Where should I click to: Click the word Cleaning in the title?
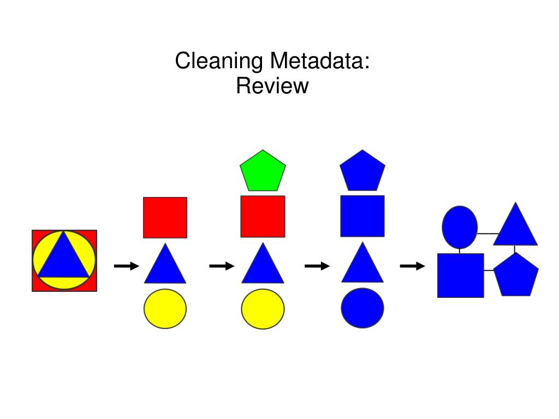tap(218, 61)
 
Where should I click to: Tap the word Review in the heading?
tap(272, 86)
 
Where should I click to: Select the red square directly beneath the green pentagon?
tap(263, 217)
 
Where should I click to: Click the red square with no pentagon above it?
tap(165, 218)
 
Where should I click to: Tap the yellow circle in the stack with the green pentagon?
tap(263, 309)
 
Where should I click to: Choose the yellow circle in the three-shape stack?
tap(165, 309)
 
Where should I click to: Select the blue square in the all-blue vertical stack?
tap(362, 216)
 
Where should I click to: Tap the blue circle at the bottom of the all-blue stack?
tap(362, 308)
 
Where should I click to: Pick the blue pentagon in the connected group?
tap(516, 276)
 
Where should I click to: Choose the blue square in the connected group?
tap(460, 276)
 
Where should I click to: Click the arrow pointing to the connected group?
tap(412, 266)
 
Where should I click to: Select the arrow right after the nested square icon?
tap(126, 266)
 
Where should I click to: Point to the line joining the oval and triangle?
tap(488, 234)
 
